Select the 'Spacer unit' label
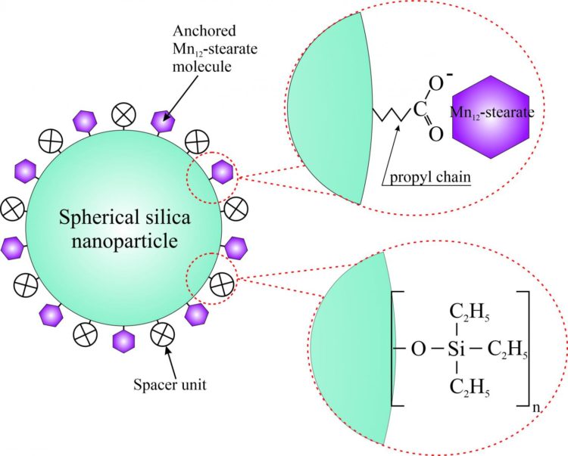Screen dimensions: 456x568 [178, 383]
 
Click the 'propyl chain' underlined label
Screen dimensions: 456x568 [431, 178]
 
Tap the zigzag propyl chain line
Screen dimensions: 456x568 [388, 115]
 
